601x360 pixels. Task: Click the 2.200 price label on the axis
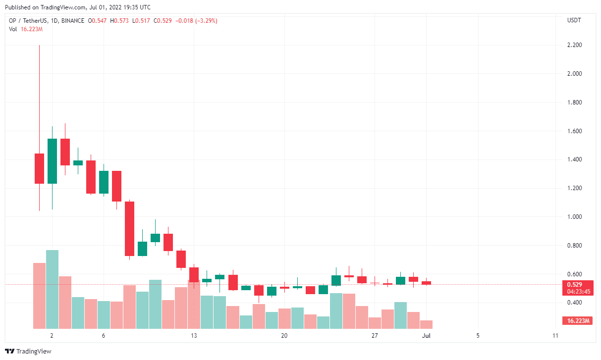coord(574,46)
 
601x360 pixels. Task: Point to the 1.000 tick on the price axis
coord(574,217)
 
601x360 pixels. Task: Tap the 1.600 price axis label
coord(574,131)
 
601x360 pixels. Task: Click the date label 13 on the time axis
coord(194,336)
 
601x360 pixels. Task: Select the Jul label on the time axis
coord(426,336)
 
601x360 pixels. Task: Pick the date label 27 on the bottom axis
coord(375,336)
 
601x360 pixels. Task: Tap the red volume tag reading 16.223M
coord(578,321)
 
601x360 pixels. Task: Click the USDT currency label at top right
coord(574,20)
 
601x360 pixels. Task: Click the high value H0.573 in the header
coord(118,21)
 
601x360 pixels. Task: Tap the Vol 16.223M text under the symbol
coord(26,29)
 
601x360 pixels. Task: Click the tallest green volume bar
coord(52,290)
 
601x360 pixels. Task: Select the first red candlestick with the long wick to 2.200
coord(39,168)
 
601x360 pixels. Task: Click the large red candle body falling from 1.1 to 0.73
coord(129,228)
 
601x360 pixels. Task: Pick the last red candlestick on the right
coord(426,283)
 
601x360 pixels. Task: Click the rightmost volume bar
coord(426,325)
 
